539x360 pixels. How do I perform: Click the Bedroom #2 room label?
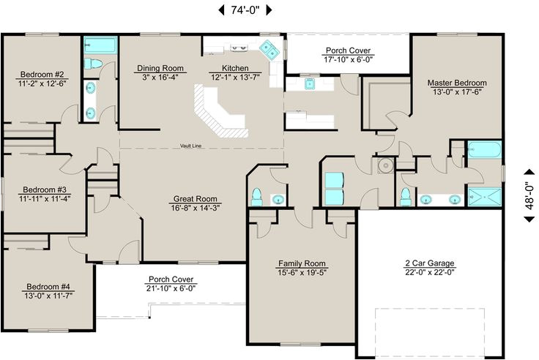(44, 74)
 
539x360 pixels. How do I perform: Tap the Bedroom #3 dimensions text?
(45, 197)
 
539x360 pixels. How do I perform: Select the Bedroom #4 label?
(48, 286)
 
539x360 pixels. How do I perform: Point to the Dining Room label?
(160, 68)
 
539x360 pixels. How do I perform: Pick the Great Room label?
(196, 198)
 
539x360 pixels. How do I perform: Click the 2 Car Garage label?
(431, 263)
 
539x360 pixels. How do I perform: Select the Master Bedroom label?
(457, 83)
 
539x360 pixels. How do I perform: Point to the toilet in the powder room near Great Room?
(257, 196)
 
